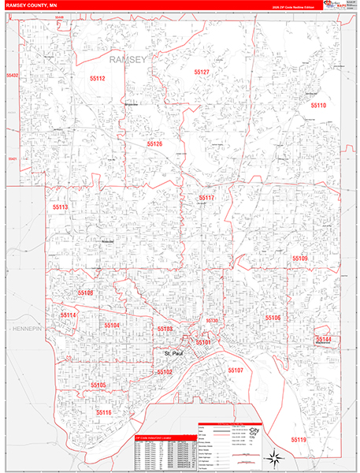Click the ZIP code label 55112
point(97,79)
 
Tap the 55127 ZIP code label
point(202,73)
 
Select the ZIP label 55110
point(318,105)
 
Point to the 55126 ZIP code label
point(154,144)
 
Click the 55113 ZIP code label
point(61,207)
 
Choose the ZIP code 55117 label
point(206,198)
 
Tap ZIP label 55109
point(300,258)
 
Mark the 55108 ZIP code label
point(85,292)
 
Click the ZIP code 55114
point(68,315)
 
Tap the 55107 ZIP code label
point(236,370)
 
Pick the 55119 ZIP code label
point(299,439)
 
